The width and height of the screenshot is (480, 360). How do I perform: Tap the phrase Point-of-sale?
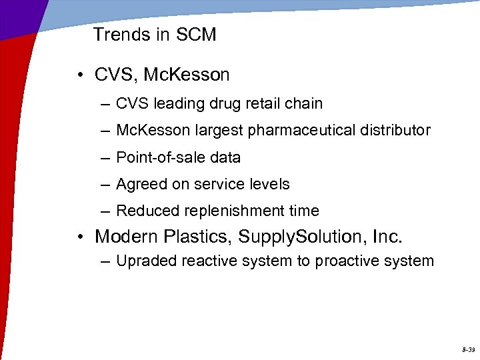(159, 158)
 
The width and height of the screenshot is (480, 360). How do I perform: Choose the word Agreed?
(139, 184)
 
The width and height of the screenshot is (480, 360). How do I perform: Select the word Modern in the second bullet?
(125, 237)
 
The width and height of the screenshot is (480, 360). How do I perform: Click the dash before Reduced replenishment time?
(105, 211)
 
